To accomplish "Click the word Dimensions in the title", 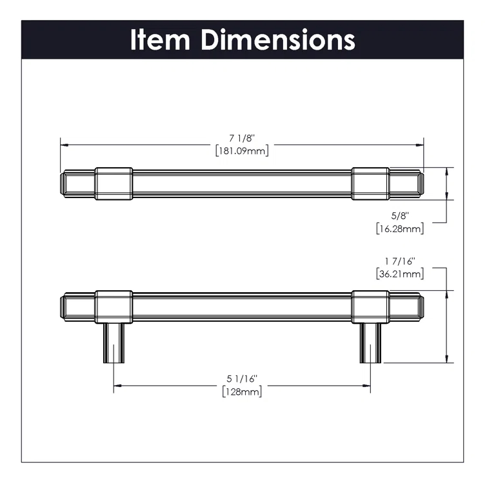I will click(x=277, y=39).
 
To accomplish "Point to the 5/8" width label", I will click(x=399, y=215).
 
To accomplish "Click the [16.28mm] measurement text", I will click(x=399, y=228).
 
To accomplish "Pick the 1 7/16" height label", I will click(x=399, y=261).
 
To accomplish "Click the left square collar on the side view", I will click(x=114, y=304).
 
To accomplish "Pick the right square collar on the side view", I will click(x=370, y=304).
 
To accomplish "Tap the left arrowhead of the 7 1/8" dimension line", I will click(x=64, y=144).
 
